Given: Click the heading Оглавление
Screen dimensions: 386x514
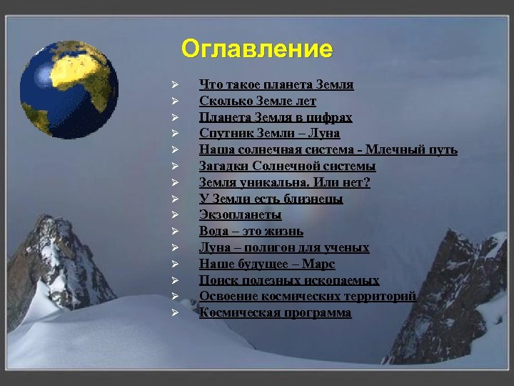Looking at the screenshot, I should pyautogui.click(x=256, y=49).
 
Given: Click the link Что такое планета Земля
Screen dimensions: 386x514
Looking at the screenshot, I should pyautogui.click(x=276, y=85).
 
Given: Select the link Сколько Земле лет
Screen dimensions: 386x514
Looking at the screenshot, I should pyautogui.click(x=258, y=102).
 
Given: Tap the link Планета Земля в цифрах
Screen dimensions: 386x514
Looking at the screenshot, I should pyautogui.click(x=276, y=117).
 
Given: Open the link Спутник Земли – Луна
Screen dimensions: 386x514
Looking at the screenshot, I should pyautogui.click(x=269, y=134).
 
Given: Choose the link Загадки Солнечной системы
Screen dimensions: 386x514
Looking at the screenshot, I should pyautogui.click(x=287, y=166).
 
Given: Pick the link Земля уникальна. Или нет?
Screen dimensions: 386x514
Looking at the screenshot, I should pyautogui.click(x=284, y=182).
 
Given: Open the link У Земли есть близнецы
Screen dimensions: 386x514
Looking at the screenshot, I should pyautogui.click(x=271, y=199).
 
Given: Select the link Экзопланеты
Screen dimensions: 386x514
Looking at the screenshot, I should pyautogui.click(x=240, y=214).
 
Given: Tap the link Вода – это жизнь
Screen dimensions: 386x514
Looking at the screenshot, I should pyautogui.click(x=251, y=231).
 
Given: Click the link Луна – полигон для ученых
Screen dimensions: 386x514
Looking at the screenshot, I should pyautogui.click(x=284, y=247).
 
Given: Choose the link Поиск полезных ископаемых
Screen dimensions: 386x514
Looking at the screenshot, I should pyautogui.click(x=289, y=280).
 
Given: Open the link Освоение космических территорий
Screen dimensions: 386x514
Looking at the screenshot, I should pyautogui.click(x=307, y=296).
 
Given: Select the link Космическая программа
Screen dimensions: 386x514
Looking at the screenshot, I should pyautogui.click(x=275, y=312).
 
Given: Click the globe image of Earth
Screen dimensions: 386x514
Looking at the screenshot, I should pyautogui.click(x=69, y=89).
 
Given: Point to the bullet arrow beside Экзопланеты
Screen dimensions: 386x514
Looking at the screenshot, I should pyautogui.click(x=173, y=215).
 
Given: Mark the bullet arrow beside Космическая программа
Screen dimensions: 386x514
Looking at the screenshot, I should pyautogui.click(x=173, y=313).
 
